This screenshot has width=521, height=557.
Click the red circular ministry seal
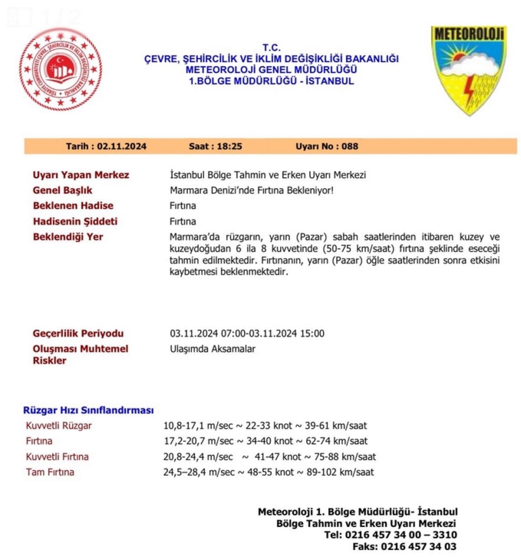pos(61,70)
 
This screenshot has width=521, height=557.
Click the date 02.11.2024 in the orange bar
pos(122,147)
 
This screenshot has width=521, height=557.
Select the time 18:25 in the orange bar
pos(229,147)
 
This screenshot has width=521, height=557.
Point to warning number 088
pos(350,147)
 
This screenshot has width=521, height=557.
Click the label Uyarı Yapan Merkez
pos(81,175)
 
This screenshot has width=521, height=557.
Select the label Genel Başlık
pos(63,190)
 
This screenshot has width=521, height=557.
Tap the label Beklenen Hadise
pos(73,206)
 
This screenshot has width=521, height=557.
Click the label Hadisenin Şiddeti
pos(75,221)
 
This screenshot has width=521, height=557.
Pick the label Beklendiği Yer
pos(68,237)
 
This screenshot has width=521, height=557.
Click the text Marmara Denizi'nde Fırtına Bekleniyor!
pos(252,190)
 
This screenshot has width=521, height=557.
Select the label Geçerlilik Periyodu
pos(78,334)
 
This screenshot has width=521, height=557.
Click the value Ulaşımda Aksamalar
pos(212,349)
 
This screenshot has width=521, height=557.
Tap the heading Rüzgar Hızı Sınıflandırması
pos(89,410)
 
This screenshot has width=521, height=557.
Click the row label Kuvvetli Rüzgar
pos(59,426)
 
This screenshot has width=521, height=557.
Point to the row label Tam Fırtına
pos(50,472)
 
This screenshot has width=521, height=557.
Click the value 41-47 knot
pos(278,457)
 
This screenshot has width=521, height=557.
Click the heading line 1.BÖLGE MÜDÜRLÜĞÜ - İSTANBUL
pos(271,81)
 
